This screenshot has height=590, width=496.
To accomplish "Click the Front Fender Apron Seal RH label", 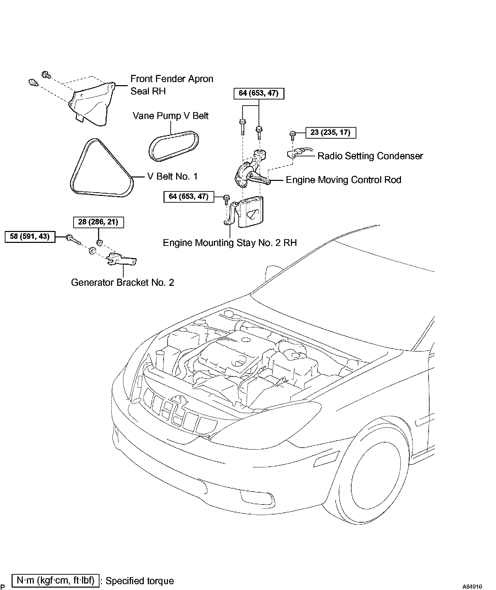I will pos(172,85).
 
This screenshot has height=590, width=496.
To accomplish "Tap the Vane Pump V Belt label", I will pos(170,116).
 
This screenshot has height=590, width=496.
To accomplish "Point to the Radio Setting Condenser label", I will pos(370,156).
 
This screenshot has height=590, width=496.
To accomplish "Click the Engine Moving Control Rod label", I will pos(343,180).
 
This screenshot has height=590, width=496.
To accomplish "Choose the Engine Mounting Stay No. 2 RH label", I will pos(230,243).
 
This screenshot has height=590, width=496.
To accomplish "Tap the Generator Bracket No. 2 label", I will pos(122,282).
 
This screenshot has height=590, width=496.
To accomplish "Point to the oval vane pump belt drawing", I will pos(174,146).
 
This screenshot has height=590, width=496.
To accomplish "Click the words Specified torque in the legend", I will pos(140,581).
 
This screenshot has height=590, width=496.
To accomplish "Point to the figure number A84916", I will pos(472,586).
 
